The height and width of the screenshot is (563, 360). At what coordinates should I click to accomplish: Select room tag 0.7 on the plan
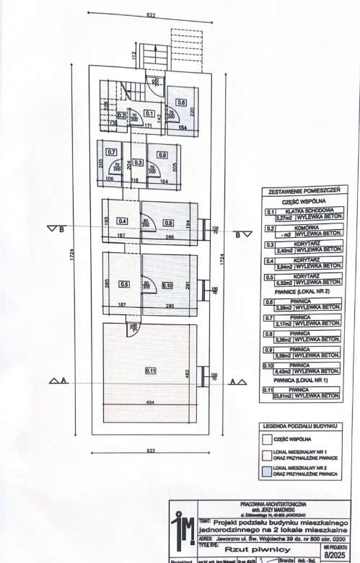pyautogui.click(x=111, y=152)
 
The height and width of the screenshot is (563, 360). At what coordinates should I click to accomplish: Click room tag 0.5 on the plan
pyautogui.click(x=124, y=284)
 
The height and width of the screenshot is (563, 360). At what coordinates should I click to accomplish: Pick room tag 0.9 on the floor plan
pyautogui.click(x=168, y=222)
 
